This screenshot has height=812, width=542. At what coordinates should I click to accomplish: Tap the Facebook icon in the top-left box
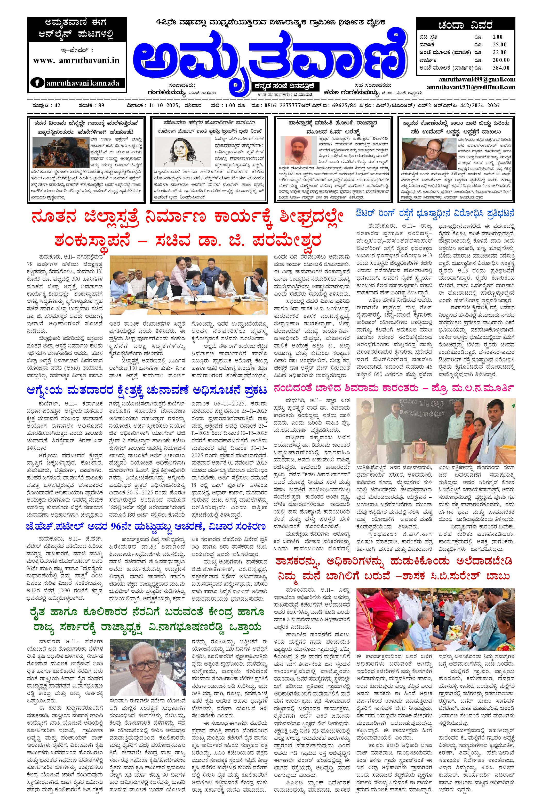(x=37, y=83)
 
